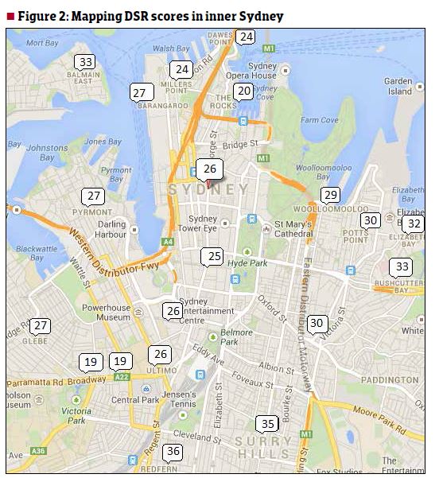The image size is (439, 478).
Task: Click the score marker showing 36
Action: click(x=173, y=452)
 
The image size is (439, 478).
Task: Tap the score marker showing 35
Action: click(x=268, y=423)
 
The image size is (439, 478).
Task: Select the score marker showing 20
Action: click(x=244, y=91)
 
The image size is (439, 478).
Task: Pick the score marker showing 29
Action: click(x=330, y=195)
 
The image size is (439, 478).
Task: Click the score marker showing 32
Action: click(x=413, y=223)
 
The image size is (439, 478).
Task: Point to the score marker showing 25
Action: click(x=213, y=256)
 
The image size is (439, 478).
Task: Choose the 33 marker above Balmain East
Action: click(x=86, y=61)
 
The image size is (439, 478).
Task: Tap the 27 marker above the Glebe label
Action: click(x=41, y=325)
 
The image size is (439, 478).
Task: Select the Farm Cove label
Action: click(x=320, y=120)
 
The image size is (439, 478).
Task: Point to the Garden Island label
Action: click(x=398, y=86)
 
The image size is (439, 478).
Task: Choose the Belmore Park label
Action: click(x=235, y=336)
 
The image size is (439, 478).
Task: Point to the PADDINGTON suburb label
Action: click(x=389, y=379)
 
